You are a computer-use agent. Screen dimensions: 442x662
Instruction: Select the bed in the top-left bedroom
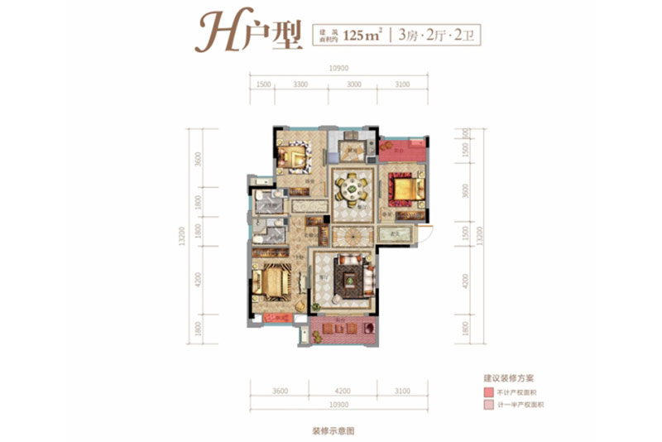point(293,154)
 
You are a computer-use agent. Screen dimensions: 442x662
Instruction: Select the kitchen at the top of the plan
point(351,150)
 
